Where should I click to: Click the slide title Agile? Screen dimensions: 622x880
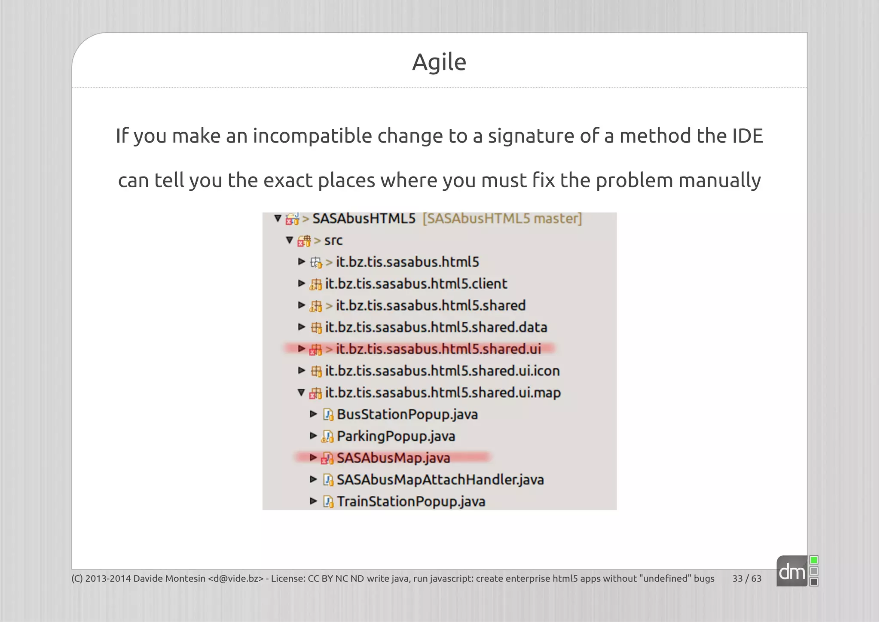[x=439, y=62]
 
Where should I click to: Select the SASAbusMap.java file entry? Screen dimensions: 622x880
[x=393, y=458]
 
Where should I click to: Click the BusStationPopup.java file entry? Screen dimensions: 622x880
[x=407, y=415]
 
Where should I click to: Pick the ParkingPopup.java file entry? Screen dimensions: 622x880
[x=396, y=436]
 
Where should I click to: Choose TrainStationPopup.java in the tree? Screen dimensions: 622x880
[x=411, y=502]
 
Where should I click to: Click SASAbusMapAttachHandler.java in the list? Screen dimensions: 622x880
[x=440, y=480]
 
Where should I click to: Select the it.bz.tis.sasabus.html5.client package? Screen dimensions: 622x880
[x=416, y=284]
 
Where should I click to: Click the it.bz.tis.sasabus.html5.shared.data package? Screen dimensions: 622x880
[x=436, y=327]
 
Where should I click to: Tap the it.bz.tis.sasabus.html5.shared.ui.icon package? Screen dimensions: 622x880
[x=442, y=371]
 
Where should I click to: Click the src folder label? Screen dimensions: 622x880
[x=333, y=241]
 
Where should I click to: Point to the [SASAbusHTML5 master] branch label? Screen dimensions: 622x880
[x=502, y=219]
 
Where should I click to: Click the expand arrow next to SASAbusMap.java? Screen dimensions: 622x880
[x=313, y=457]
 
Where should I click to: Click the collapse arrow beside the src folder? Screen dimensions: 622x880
[x=289, y=240]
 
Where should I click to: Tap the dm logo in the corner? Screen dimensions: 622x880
[x=791, y=572]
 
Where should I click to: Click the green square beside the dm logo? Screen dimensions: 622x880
[x=813, y=560]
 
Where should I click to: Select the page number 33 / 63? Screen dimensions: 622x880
[x=746, y=579]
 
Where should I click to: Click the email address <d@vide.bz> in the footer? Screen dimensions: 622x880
[x=235, y=579]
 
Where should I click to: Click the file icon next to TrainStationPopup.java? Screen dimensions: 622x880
[x=328, y=502]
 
